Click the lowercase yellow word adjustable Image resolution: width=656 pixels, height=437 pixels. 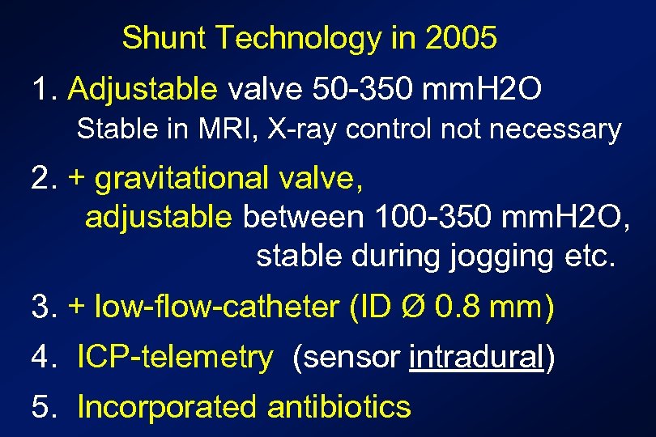pos(159,216)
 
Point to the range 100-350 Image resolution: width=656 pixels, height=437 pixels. pos(429,216)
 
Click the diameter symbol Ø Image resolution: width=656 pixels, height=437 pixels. pos(415,307)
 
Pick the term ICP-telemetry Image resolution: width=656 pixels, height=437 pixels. pos(175,357)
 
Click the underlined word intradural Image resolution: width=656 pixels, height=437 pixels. pos(475,357)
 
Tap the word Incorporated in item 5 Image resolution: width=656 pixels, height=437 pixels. pos(167,406)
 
